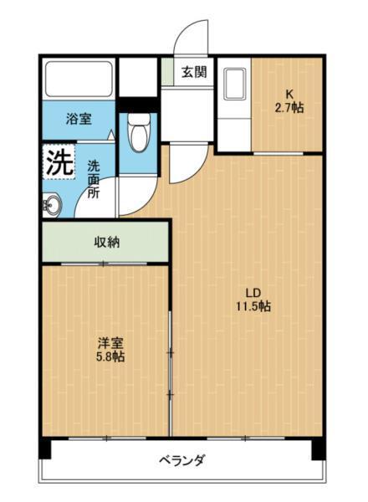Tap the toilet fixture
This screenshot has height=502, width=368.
(139, 130)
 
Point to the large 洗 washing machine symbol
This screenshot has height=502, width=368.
(59, 162)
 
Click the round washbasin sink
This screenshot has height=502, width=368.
(52, 203)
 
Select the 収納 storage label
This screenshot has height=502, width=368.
(106, 243)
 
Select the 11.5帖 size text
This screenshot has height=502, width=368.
(253, 306)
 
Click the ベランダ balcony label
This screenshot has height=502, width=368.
(181, 460)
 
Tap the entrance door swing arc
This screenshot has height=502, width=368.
(189, 38)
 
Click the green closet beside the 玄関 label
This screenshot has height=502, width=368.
(168, 72)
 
